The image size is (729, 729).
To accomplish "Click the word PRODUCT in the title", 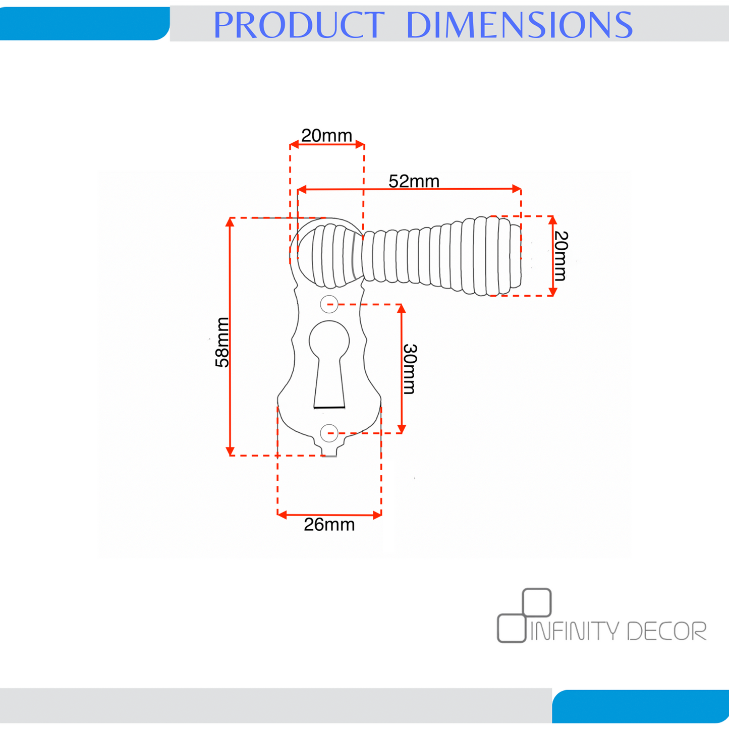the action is tap(299, 25).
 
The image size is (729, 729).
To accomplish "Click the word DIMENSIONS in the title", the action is tap(519, 25).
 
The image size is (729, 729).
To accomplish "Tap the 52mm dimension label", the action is tap(414, 182).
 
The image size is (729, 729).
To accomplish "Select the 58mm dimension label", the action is tap(222, 342).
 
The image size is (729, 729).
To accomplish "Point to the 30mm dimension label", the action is tap(410, 369).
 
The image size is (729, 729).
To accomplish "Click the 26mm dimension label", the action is tap(329, 525).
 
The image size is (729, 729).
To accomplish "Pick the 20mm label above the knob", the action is tap(326, 135).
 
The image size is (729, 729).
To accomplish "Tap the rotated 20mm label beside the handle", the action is tap(560, 256).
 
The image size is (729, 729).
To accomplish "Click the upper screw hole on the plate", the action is tap(329, 304).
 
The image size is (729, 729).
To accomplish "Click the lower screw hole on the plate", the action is tap(329, 433).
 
